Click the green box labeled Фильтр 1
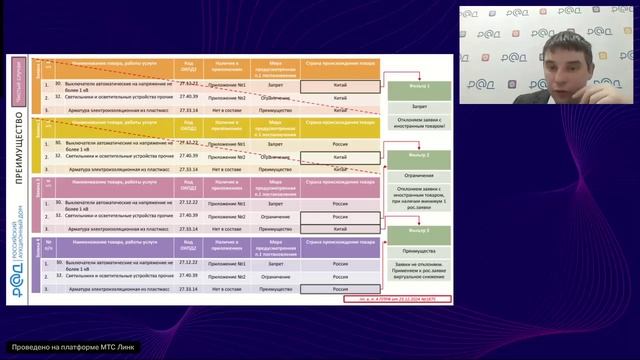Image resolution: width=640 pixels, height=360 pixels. [x=420, y=88]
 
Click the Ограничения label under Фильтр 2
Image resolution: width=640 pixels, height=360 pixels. [x=420, y=173]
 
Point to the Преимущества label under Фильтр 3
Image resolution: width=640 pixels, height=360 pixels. [x=420, y=251]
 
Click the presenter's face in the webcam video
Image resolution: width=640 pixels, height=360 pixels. [x=562, y=50]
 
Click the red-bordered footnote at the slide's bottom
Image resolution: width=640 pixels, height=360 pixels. [x=342, y=298]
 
